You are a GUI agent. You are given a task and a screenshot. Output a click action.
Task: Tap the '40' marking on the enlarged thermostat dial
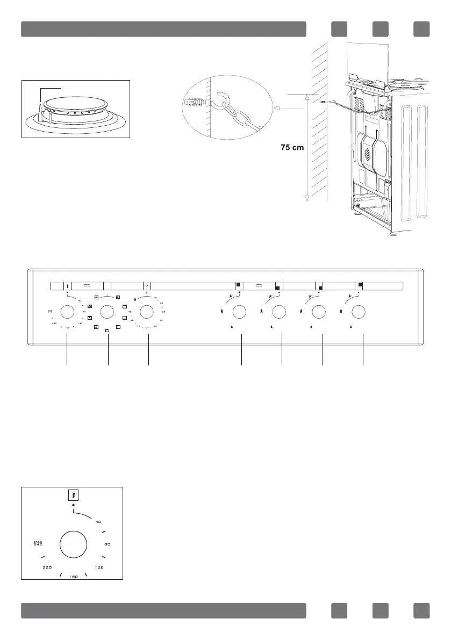point(98,521)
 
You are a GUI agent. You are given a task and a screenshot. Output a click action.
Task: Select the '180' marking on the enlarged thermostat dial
point(74,576)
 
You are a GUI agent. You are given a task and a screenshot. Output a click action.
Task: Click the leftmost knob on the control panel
point(67,312)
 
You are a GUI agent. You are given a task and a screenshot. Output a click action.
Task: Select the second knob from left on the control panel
point(108,312)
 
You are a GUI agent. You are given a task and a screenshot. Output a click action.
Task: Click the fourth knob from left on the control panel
point(239,312)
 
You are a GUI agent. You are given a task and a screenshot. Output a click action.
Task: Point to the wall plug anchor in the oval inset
point(193,101)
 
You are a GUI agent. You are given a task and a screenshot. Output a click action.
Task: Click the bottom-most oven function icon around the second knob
point(108,329)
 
